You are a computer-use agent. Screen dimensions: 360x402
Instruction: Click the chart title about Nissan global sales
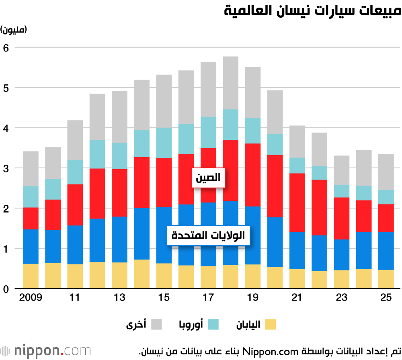coord(312,11)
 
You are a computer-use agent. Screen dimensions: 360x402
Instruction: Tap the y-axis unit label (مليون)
coord(14,30)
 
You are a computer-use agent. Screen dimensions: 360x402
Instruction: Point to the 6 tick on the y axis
coord(6,47)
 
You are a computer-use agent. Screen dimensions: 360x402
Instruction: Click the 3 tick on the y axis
coord(6,168)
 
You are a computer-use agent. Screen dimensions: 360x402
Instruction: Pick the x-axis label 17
coord(208,298)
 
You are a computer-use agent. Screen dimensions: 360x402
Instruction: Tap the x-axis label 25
coord(386,298)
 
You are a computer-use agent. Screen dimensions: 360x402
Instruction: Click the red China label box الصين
coord(208,177)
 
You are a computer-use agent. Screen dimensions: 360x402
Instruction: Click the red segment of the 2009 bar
coord(31,219)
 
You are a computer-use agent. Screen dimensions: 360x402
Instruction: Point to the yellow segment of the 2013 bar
coord(119,275)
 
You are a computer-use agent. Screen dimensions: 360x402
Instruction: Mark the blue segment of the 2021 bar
coord(297,251)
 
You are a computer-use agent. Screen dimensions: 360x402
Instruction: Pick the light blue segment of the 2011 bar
coord(75,172)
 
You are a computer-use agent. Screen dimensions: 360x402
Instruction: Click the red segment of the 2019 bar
coord(253,175)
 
